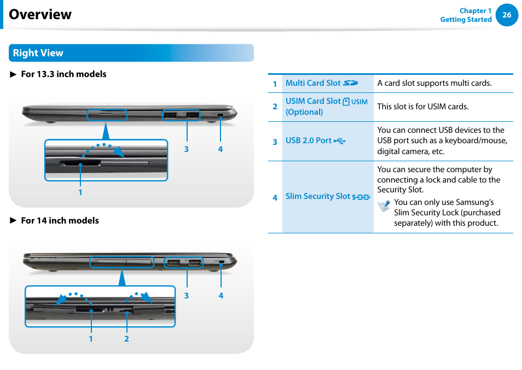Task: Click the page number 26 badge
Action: [x=507, y=15]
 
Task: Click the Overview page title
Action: [x=40, y=14]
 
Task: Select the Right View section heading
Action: [x=38, y=53]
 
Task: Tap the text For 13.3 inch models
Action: [x=63, y=74]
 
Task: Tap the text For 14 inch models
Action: [x=60, y=220]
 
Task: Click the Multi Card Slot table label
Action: [x=313, y=83]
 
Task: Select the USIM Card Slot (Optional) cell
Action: [x=327, y=107]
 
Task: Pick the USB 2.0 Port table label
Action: [x=309, y=140]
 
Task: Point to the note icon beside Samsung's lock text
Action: [x=384, y=206]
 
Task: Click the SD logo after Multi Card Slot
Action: [x=350, y=83]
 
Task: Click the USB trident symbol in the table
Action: [x=340, y=141]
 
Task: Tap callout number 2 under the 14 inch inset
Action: [x=126, y=339]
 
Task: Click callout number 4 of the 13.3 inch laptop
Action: [x=221, y=149]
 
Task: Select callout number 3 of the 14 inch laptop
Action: [x=186, y=296]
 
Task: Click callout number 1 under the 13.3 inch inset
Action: [x=80, y=192]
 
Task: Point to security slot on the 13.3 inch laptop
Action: [x=220, y=115]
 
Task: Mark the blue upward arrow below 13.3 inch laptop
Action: [x=106, y=131]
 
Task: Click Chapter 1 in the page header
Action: [x=475, y=10]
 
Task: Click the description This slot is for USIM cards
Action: [x=422, y=107]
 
